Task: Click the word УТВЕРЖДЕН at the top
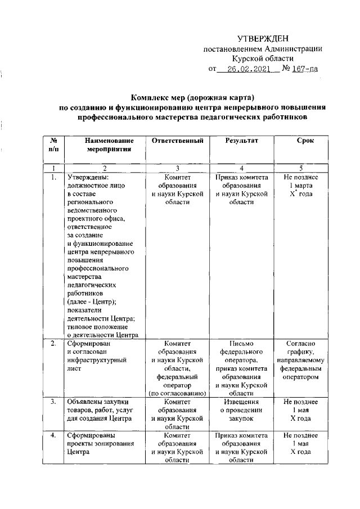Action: (x=263, y=38)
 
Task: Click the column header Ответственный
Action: (x=177, y=141)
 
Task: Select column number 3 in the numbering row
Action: (x=177, y=168)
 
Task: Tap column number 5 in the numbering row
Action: (x=301, y=168)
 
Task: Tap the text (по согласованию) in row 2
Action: (x=177, y=394)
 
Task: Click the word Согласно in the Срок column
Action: (x=301, y=343)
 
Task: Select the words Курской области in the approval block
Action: (x=263, y=58)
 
